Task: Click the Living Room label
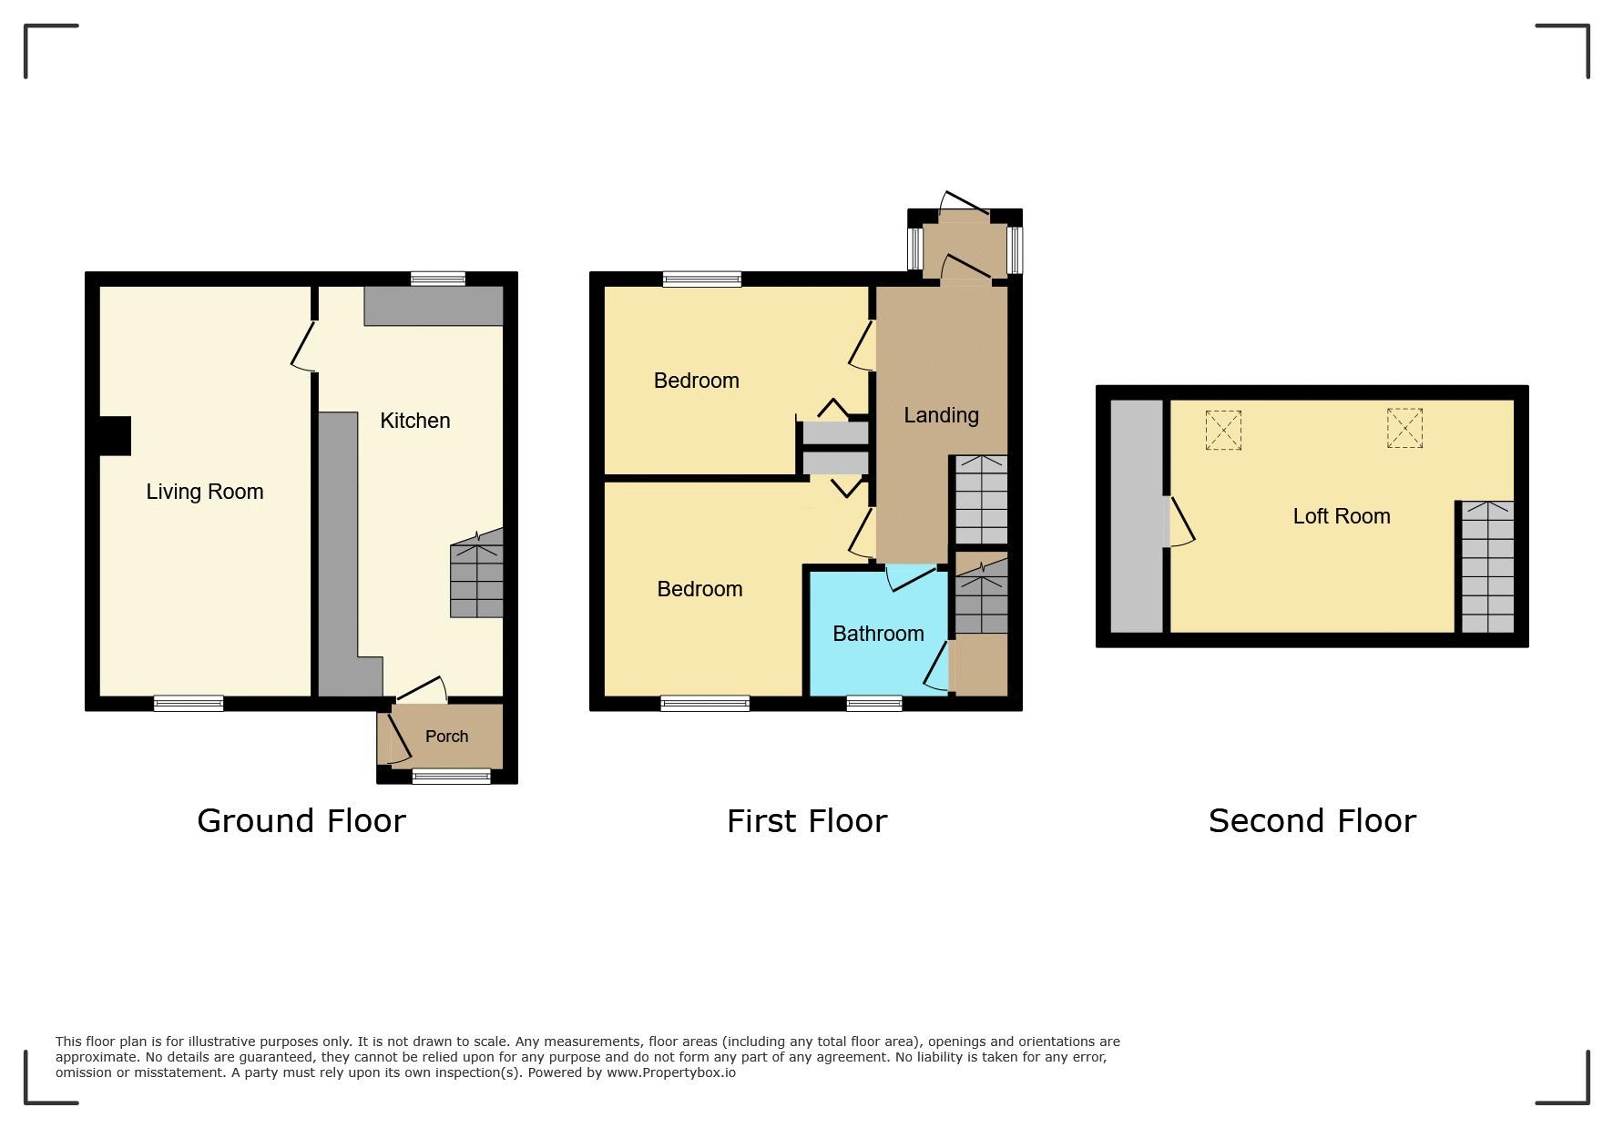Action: (x=205, y=492)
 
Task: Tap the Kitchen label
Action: (x=415, y=421)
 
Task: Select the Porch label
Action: (x=446, y=737)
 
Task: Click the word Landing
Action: (x=941, y=416)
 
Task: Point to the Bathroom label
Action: (x=878, y=634)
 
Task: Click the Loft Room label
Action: (x=1342, y=516)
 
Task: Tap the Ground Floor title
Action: (x=301, y=821)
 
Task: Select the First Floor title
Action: (x=807, y=821)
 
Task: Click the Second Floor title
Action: (x=1312, y=821)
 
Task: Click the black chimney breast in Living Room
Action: (x=115, y=436)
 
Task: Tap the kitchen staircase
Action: (x=476, y=574)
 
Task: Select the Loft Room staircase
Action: (x=1487, y=566)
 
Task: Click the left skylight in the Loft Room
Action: (x=1223, y=430)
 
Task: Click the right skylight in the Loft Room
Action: (x=1404, y=428)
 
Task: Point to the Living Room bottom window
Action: (x=189, y=703)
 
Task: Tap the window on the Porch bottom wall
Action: (x=451, y=776)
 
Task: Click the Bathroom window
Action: (x=874, y=703)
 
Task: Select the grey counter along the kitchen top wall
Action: (x=434, y=306)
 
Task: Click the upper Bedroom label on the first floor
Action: (x=696, y=381)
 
